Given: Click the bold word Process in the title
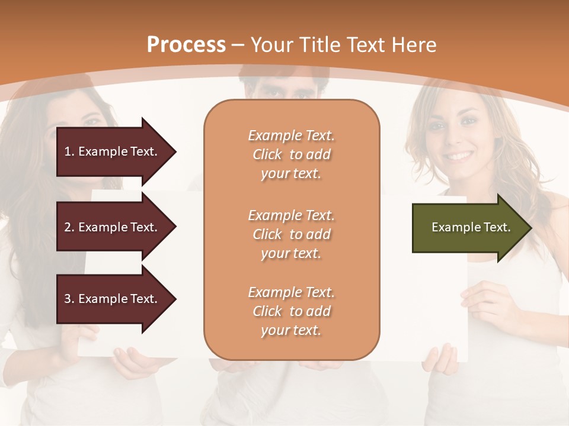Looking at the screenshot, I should pyautogui.click(x=186, y=45).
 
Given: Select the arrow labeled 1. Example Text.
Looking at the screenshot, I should pyautogui.click(x=113, y=151).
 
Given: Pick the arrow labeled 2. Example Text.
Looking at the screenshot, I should pyautogui.click(x=113, y=227).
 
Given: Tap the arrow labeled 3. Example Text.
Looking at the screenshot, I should pyautogui.click(x=113, y=299).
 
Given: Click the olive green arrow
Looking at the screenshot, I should pyautogui.click(x=468, y=228).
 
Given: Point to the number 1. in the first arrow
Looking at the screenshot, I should pyautogui.click(x=69, y=151).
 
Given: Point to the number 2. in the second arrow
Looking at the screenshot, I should pyautogui.click(x=69, y=227).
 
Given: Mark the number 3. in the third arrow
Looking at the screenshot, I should pyautogui.click(x=69, y=299).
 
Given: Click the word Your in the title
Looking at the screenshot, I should pyautogui.click(x=273, y=45).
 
